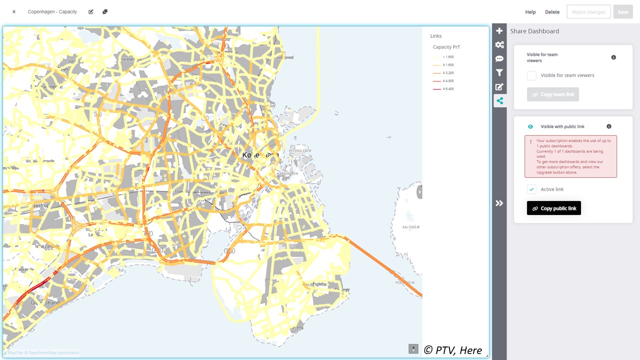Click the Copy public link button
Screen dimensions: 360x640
[554, 208]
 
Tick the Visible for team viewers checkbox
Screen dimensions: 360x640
[531, 75]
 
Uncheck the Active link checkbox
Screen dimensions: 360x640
[531, 189]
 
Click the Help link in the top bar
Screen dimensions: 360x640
[530, 12]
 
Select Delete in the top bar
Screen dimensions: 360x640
[552, 12]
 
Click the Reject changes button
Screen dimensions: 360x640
[588, 12]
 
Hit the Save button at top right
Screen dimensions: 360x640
[622, 12]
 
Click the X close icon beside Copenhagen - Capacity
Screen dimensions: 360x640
[14, 11]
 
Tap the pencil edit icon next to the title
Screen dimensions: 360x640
[91, 11]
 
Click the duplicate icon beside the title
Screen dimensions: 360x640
[105, 11]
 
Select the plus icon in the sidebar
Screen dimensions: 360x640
[499, 31]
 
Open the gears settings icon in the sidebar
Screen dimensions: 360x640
[499, 45]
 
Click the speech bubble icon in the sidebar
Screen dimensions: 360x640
[499, 59]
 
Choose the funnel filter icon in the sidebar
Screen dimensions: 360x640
[499, 73]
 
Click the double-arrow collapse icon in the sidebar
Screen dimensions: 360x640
[499, 203]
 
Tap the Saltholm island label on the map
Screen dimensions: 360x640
[410, 227]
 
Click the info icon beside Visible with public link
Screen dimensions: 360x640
[609, 126]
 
